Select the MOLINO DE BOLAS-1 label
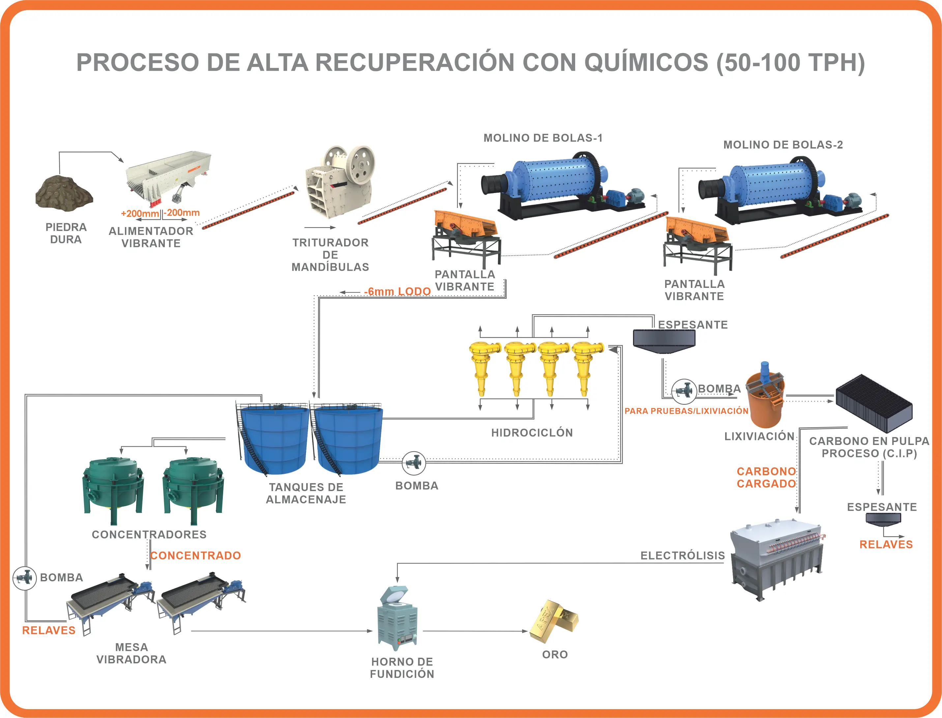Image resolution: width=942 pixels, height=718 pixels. (543, 138)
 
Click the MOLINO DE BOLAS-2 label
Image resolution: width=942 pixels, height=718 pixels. (782, 145)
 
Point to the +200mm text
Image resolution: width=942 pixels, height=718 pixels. (140, 213)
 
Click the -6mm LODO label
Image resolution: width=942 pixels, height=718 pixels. (397, 291)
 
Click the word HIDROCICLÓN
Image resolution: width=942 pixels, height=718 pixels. (532, 432)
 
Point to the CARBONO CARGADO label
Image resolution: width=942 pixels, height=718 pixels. (766, 477)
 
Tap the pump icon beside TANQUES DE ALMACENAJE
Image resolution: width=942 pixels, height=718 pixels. (414, 463)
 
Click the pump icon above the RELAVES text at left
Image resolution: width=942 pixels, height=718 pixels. (24, 578)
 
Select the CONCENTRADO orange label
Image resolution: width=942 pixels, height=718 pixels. (195, 555)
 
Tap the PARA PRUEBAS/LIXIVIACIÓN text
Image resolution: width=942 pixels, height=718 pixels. (686, 411)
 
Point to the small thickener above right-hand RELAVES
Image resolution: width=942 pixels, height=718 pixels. (883, 518)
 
